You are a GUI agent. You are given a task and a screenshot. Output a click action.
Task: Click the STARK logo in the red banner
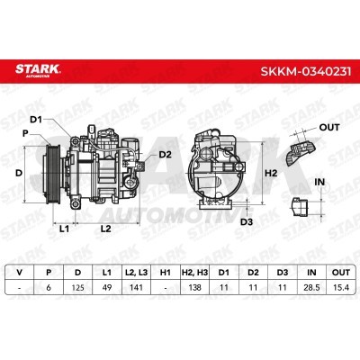pos(38,70)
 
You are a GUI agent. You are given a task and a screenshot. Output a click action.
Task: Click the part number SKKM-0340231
pos(306,71)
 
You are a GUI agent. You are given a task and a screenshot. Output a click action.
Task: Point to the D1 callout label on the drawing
pos(36,120)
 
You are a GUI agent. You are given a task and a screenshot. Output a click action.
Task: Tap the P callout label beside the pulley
pos(25,133)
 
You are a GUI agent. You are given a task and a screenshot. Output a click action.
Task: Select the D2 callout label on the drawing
pos(165,155)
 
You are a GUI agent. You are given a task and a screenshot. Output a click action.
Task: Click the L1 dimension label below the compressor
pos(64,229)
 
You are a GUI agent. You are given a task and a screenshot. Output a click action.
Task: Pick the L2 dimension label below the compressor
pos(105,229)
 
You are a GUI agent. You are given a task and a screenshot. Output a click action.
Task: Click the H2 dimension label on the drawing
pos(271,173)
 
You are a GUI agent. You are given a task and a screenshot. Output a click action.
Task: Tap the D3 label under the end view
pos(247,222)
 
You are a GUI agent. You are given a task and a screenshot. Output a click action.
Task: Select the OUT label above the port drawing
pos(329,127)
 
